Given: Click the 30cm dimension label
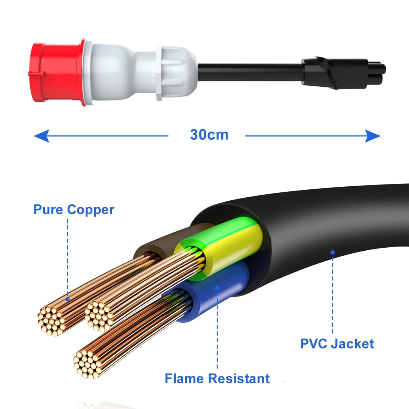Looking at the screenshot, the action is coord(209,135).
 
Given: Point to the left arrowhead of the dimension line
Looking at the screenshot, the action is coord(42,136).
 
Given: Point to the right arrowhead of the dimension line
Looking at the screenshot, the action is coord(373,136).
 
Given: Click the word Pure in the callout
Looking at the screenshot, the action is coord(48,209).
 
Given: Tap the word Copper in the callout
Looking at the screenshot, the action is coord(91,210).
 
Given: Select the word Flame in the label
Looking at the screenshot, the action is coord(184,378).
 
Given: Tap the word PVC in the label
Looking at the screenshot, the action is coord(313,343).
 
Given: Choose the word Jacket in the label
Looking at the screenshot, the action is coord(353,343).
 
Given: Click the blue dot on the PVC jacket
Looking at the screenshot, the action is coord(333,252).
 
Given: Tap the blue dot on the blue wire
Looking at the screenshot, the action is coord(217,288).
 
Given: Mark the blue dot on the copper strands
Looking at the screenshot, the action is coord(67,300).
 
